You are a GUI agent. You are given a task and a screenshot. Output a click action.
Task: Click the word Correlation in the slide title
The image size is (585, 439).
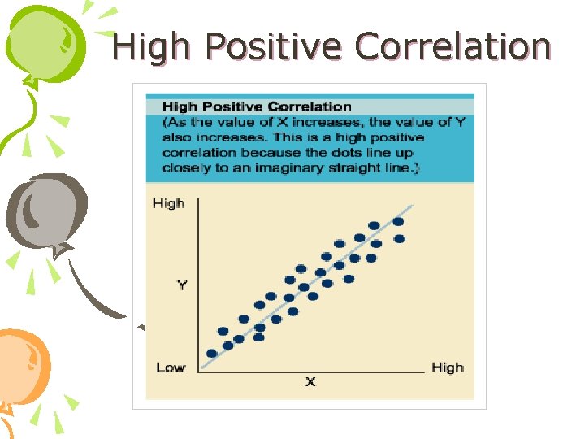pos(453,46)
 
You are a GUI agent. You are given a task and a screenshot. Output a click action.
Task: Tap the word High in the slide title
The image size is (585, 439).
pos(151,46)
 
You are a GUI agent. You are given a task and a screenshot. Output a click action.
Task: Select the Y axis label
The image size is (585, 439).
pos(182,285)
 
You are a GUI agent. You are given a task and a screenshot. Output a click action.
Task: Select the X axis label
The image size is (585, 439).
pos(310,381)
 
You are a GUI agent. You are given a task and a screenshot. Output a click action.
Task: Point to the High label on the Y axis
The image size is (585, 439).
pos(169,203)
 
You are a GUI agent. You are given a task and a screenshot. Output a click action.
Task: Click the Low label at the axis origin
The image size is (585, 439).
pos(171,367)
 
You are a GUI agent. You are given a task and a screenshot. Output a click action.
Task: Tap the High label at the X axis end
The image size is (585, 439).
pos(447,367)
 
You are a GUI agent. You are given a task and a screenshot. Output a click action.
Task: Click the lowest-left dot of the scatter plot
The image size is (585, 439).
pos(212,354)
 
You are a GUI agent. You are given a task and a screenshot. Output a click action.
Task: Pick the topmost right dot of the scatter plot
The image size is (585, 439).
pos(398,221)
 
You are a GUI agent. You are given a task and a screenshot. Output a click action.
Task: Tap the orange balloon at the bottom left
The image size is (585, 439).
pos(23,366)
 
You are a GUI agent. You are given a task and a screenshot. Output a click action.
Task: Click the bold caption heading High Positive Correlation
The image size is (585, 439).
pos(257,106)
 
